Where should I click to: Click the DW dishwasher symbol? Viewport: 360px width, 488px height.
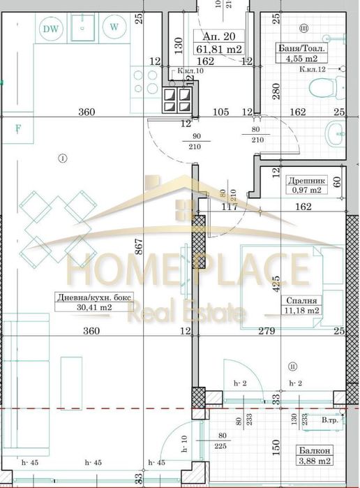pyautogui.click(x=50, y=29)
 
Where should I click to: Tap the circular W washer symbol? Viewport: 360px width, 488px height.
pyautogui.click(x=113, y=28)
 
